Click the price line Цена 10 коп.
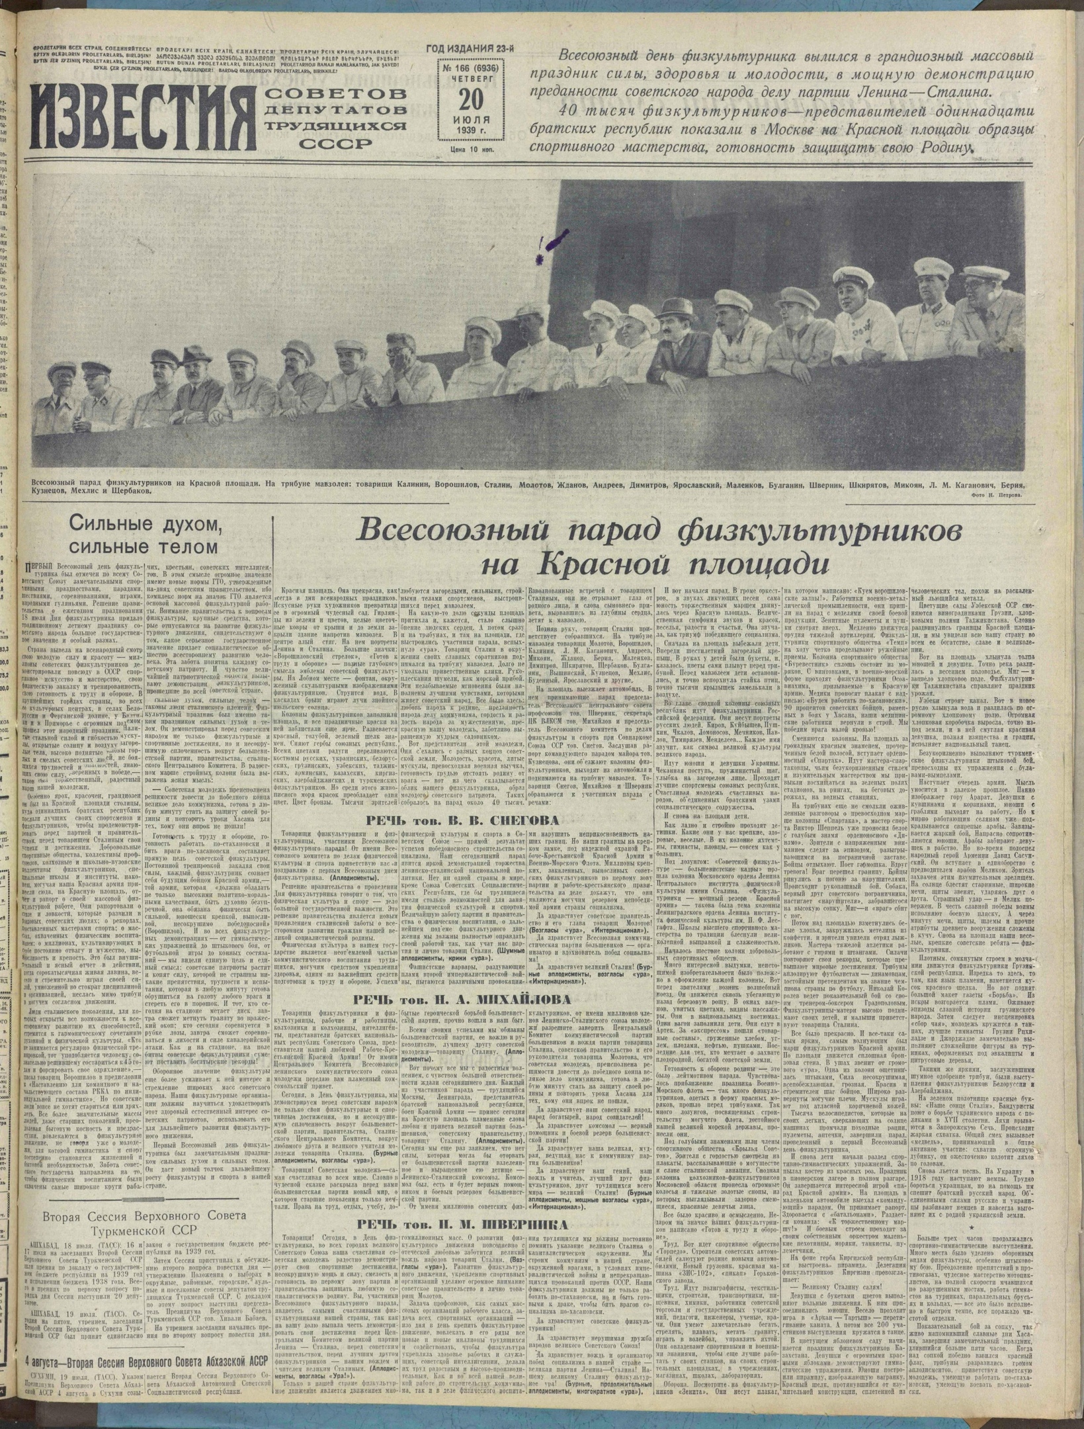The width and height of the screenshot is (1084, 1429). tap(472, 150)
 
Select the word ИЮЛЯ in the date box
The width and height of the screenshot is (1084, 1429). tap(471, 119)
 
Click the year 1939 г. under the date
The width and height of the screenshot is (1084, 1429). tap(471, 131)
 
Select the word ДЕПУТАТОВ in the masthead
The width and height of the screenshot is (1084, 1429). tap(335, 108)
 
